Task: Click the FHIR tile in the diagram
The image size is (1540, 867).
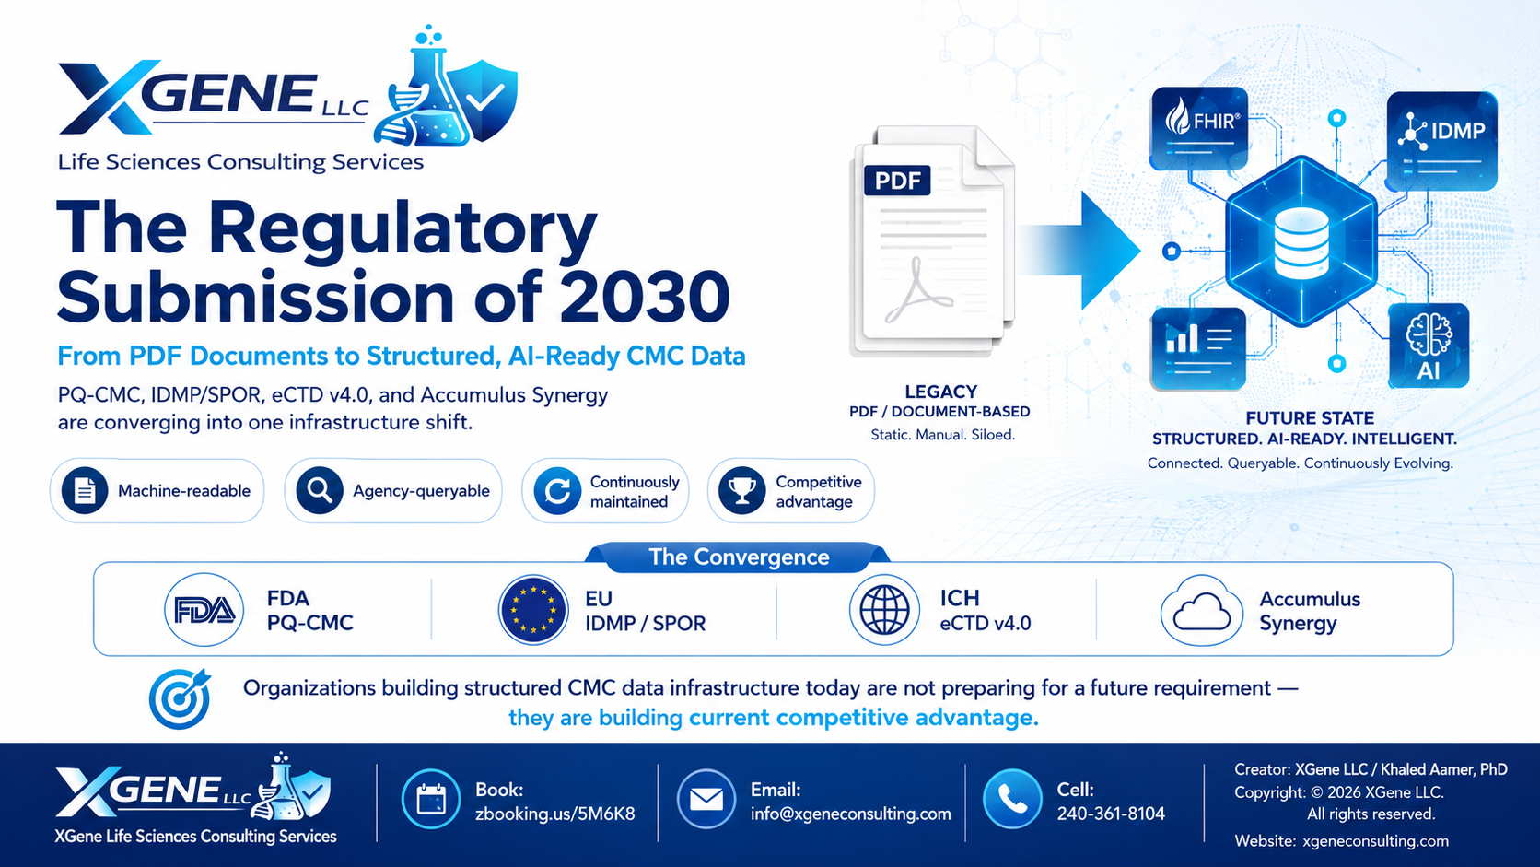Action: pyautogui.click(x=1200, y=129)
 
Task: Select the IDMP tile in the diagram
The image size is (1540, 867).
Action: pyautogui.click(x=1441, y=141)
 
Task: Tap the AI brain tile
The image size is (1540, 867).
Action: pyautogui.click(x=1429, y=346)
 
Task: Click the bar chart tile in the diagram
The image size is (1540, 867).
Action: pyautogui.click(x=1198, y=348)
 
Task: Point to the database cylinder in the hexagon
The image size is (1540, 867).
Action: pyautogui.click(x=1301, y=243)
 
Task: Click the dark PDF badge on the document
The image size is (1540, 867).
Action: pyautogui.click(x=897, y=181)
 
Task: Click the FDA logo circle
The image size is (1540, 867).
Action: pyautogui.click(x=204, y=610)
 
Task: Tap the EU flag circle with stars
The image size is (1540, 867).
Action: pyautogui.click(x=532, y=609)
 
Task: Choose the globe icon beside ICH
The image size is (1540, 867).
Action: pyautogui.click(x=884, y=610)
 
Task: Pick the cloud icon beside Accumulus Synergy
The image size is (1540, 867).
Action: pyautogui.click(x=1202, y=610)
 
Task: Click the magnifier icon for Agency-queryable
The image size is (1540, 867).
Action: pyautogui.click(x=319, y=490)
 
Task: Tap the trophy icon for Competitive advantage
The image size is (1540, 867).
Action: pyautogui.click(x=741, y=490)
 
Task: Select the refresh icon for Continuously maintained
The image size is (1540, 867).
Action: pyautogui.click(x=557, y=491)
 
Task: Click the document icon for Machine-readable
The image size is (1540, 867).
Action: pyautogui.click(x=85, y=490)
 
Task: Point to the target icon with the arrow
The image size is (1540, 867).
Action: pyautogui.click(x=181, y=697)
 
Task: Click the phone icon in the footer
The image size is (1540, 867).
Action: pyautogui.click(x=1012, y=799)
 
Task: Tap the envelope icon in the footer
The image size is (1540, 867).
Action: pyautogui.click(x=706, y=799)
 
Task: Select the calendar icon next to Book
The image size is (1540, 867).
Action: pyautogui.click(x=431, y=799)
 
